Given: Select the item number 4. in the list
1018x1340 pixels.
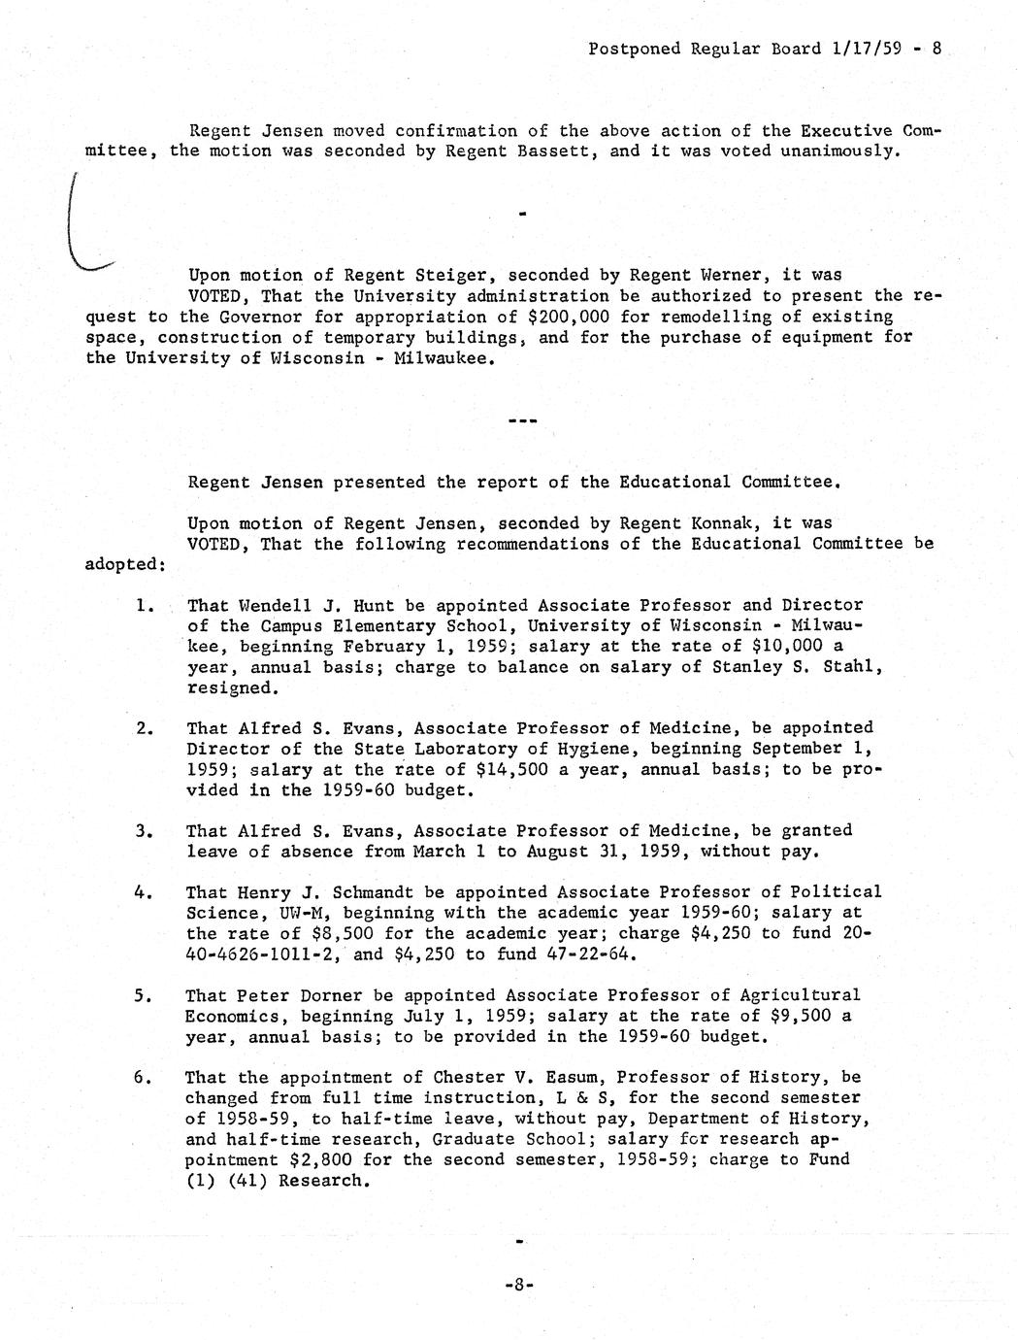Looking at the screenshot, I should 146,891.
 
